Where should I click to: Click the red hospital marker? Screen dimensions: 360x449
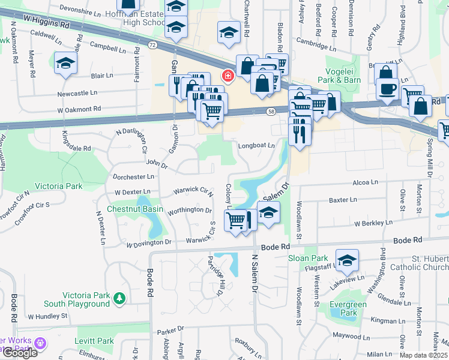tap(228, 76)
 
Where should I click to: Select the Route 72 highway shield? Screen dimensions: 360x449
tap(153, 46)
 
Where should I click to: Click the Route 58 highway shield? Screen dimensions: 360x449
tap(271, 111)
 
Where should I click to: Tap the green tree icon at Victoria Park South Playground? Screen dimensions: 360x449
tap(119, 298)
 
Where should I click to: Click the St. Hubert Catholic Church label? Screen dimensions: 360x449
tap(418, 263)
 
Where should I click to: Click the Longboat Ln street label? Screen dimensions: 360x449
tap(256, 145)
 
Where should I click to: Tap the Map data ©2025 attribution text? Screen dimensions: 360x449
tap(423, 355)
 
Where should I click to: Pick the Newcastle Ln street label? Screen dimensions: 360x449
tap(77, 93)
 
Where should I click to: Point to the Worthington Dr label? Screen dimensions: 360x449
tap(189, 211)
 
